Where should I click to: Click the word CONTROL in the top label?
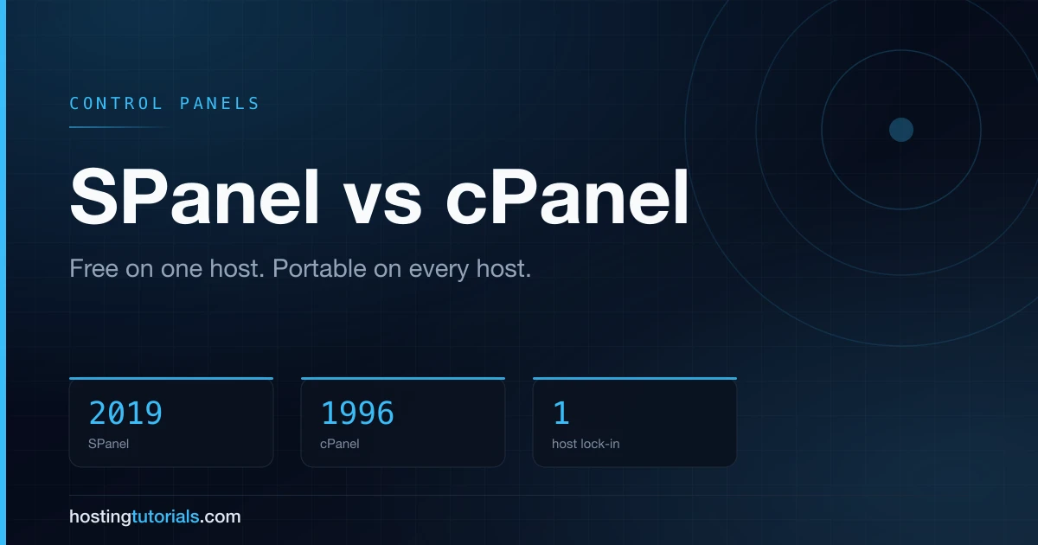[x=115, y=103]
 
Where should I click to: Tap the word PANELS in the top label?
[x=219, y=103]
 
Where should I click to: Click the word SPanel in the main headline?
[x=195, y=196]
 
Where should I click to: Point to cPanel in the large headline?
[x=567, y=196]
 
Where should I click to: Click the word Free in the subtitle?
[x=93, y=268]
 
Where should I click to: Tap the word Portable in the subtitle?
[x=319, y=268]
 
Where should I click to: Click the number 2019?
[x=125, y=413]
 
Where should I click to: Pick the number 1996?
[x=357, y=413]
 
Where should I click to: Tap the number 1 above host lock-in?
[x=561, y=413]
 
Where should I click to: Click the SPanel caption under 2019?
[x=108, y=444]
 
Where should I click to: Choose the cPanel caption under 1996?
[x=340, y=444]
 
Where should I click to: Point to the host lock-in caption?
[x=586, y=444]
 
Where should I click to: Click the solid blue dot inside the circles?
[x=901, y=129]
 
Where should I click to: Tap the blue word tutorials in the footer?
[x=165, y=516]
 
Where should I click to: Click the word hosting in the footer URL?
[x=100, y=517]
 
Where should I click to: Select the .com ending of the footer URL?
[x=220, y=517]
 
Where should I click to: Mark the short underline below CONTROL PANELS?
[x=120, y=127]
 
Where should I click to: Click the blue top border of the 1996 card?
[x=403, y=379]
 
